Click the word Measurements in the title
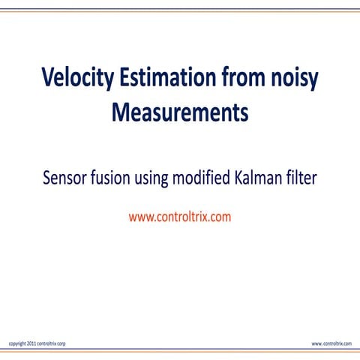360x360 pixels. coord(179,113)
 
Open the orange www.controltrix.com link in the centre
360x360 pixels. coord(180,217)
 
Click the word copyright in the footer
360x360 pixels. coord(18,343)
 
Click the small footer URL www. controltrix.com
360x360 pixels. coord(331,343)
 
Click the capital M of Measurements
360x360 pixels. coord(120,113)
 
